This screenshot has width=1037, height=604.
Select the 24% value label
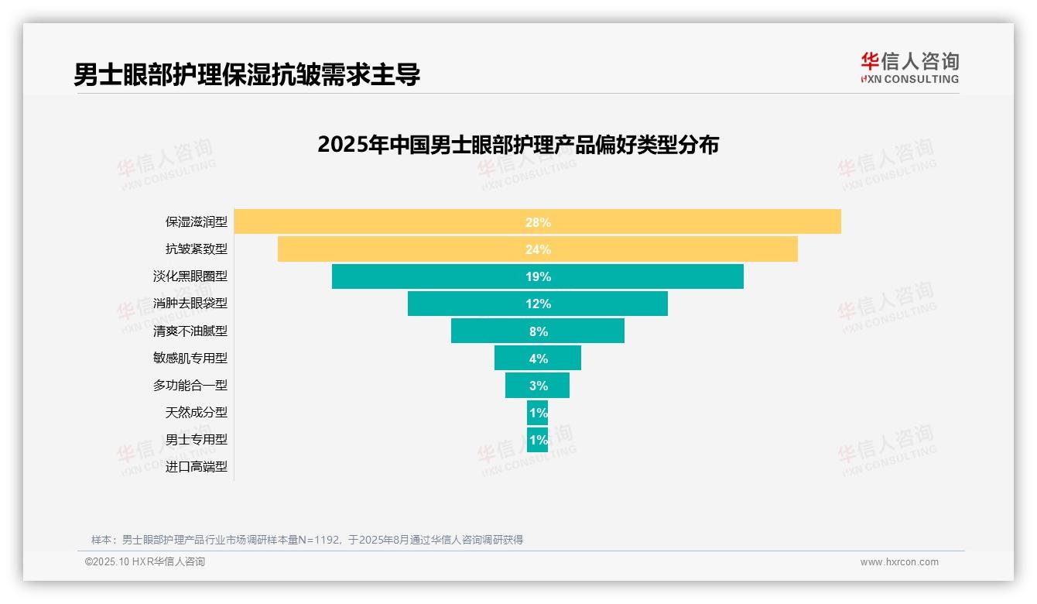(x=538, y=249)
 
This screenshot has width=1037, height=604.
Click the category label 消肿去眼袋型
(x=190, y=304)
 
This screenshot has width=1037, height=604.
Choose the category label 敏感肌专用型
(x=190, y=358)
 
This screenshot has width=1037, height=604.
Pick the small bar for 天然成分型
(x=538, y=413)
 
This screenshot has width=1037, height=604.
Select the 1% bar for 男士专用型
(x=538, y=440)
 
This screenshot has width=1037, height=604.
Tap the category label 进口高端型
(x=197, y=467)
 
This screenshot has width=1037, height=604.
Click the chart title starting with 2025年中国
(x=518, y=145)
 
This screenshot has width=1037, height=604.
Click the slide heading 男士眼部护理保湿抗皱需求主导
(x=247, y=74)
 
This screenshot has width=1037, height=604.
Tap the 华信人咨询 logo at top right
(x=909, y=67)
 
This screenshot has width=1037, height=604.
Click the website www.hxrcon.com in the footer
(x=899, y=562)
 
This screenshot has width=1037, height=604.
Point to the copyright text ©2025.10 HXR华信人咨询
(x=145, y=562)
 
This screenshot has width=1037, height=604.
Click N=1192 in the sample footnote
(x=320, y=540)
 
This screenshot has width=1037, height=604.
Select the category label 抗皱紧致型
(x=197, y=249)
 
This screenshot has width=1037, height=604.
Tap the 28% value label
(x=538, y=222)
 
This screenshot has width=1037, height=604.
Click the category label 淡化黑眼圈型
(x=190, y=276)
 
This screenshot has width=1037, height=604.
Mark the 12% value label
(x=538, y=304)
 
